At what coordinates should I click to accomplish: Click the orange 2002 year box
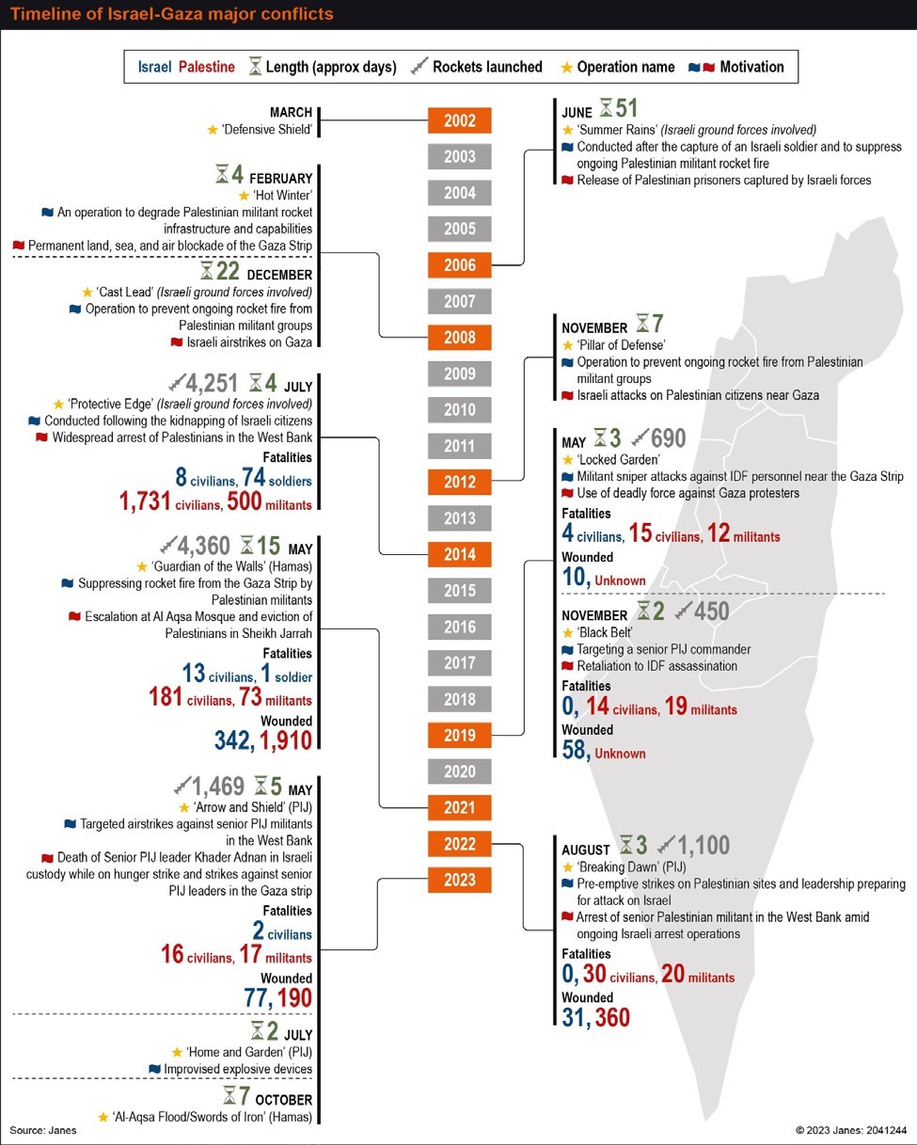tap(459, 120)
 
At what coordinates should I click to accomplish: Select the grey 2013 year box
tap(459, 518)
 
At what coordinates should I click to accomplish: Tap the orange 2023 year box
tap(459, 880)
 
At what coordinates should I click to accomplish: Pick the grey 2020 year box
tap(459, 771)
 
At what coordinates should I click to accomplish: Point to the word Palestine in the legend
tap(207, 67)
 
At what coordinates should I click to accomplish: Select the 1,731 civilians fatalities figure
tap(154, 502)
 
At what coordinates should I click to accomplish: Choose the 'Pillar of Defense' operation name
tap(621, 345)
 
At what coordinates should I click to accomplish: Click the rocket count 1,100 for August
tap(704, 845)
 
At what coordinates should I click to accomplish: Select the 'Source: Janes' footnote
tap(43, 1129)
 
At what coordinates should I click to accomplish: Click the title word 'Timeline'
tap(43, 15)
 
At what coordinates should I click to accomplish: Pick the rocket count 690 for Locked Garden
tap(670, 438)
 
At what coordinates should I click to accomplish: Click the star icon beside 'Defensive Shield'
tap(212, 129)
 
